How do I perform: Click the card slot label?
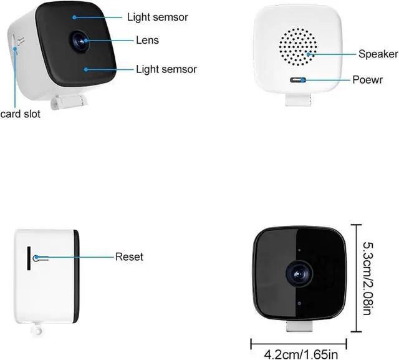[20, 114]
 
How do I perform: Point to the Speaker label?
[378, 54]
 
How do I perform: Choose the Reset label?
[129, 256]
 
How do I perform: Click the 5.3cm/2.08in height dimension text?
[367, 280]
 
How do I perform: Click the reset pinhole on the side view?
[36, 256]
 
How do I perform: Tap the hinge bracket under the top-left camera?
[69, 99]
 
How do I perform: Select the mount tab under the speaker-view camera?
[297, 98]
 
